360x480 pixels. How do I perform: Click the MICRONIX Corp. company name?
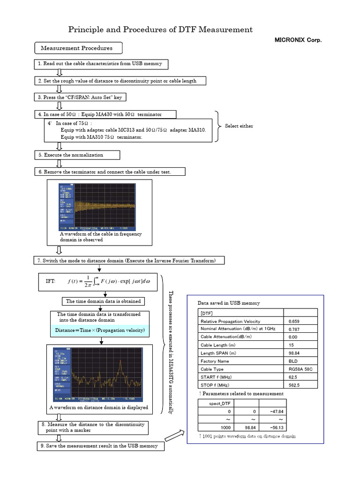tap(298, 40)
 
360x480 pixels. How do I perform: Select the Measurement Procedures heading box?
tap(77, 48)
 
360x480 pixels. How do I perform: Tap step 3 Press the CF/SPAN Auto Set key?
tap(80, 97)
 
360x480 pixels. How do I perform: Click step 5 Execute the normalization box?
tap(77, 155)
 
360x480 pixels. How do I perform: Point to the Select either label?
tap(239, 126)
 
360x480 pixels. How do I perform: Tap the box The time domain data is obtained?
tap(103, 301)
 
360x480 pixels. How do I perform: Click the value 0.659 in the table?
tap(294, 321)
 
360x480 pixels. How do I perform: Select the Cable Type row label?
tap(212, 369)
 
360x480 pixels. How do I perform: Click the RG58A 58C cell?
tap(300, 369)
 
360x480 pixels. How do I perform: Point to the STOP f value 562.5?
tap(294, 385)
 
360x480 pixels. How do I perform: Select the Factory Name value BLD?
tap(293, 361)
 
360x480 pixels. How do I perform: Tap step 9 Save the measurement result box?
tap(100, 446)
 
